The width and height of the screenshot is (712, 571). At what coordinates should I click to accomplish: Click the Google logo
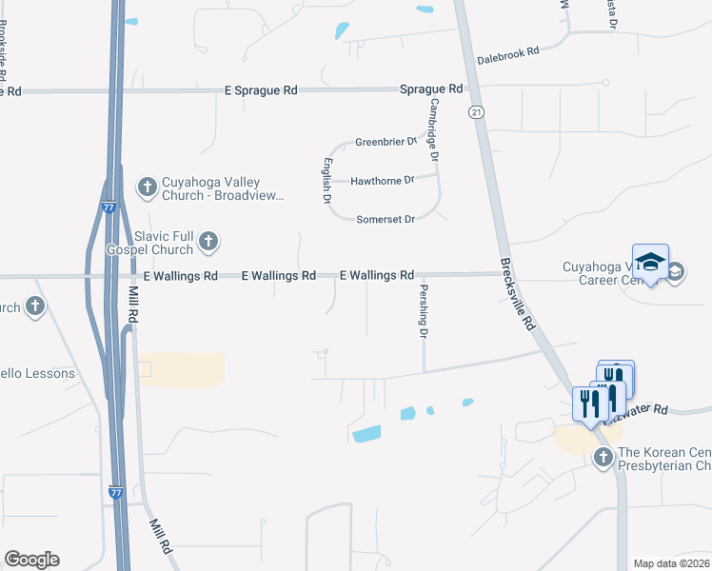coord(31,560)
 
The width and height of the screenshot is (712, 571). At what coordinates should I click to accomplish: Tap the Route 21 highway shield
coord(474,112)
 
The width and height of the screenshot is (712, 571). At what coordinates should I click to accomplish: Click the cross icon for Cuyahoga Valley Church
coord(147,187)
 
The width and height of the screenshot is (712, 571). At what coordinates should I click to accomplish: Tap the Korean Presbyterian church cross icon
coord(602,458)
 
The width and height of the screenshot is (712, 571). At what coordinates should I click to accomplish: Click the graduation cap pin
coord(650,263)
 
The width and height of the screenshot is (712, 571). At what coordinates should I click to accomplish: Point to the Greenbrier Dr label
coord(386,142)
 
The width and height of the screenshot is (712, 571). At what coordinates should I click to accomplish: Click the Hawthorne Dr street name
coord(383,180)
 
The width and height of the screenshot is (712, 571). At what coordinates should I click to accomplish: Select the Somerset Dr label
coord(386,219)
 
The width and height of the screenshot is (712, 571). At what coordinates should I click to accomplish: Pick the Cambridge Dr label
coord(434,129)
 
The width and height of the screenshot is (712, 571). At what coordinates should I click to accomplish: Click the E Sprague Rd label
coord(261,89)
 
